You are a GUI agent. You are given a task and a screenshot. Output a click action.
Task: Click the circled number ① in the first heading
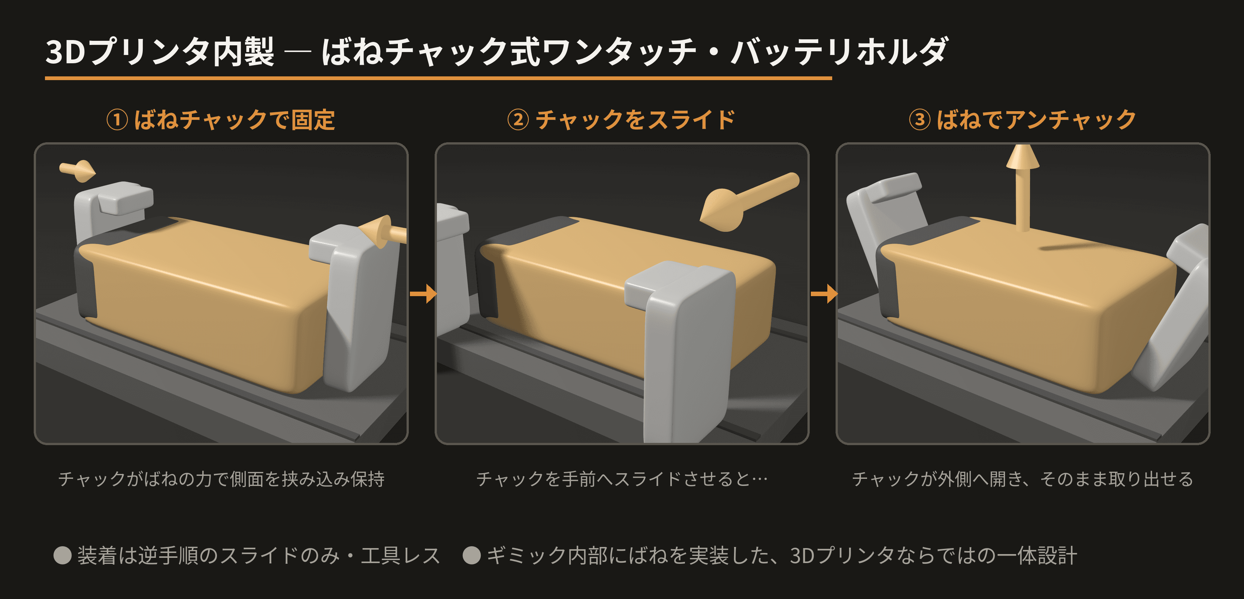click(x=117, y=120)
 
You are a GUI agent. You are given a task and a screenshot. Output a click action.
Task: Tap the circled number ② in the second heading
click(x=518, y=120)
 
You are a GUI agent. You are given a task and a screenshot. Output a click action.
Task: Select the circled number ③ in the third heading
click(x=920, y=120)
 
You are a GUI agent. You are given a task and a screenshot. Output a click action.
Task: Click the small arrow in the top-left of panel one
click(x=77, y=170)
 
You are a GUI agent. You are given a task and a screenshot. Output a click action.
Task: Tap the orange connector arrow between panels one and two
click(x=423, y=294)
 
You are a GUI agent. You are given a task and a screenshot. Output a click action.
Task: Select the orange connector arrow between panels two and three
click(x=824, y=294)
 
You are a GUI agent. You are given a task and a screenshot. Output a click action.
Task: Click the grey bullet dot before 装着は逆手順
click(x=63, y=555)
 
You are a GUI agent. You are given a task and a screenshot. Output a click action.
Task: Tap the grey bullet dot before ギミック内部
click(x=471, y=555)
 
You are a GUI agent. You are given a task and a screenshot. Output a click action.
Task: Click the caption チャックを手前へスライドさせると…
click(x=622, y=479)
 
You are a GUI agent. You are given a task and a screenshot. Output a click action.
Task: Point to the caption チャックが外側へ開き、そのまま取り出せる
click(x=1022, y=479)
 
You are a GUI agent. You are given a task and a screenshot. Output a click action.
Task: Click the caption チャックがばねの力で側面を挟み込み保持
click(x=221, y=479)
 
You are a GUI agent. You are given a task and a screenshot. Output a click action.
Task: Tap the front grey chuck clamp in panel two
click(x=681, y=350)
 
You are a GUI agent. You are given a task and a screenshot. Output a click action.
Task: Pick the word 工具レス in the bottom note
click(x=400, y=555)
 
